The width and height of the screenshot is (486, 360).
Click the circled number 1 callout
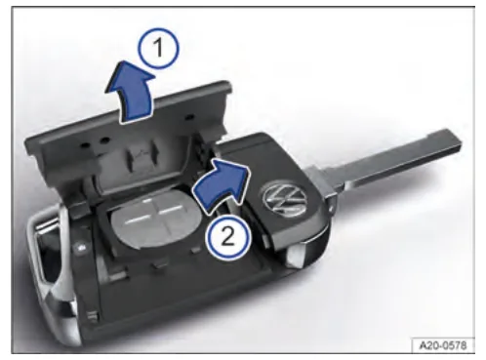159,48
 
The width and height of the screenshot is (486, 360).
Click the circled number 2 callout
228,237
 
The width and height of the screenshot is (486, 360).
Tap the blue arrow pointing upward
130,95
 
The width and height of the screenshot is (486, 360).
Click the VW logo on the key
285,199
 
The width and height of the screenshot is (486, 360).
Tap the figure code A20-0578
443,345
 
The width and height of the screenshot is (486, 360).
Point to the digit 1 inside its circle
159,48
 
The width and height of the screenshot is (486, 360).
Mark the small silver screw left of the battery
79,248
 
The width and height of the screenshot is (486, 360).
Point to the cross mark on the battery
153,212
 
